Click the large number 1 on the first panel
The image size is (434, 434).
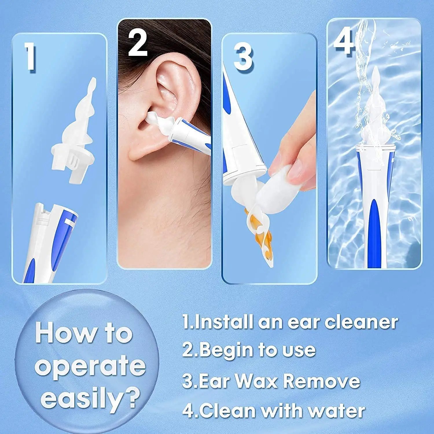tap(30, 57)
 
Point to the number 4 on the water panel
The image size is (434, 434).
tap(344, 42)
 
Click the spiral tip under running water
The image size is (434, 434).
tap(373, 116)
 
